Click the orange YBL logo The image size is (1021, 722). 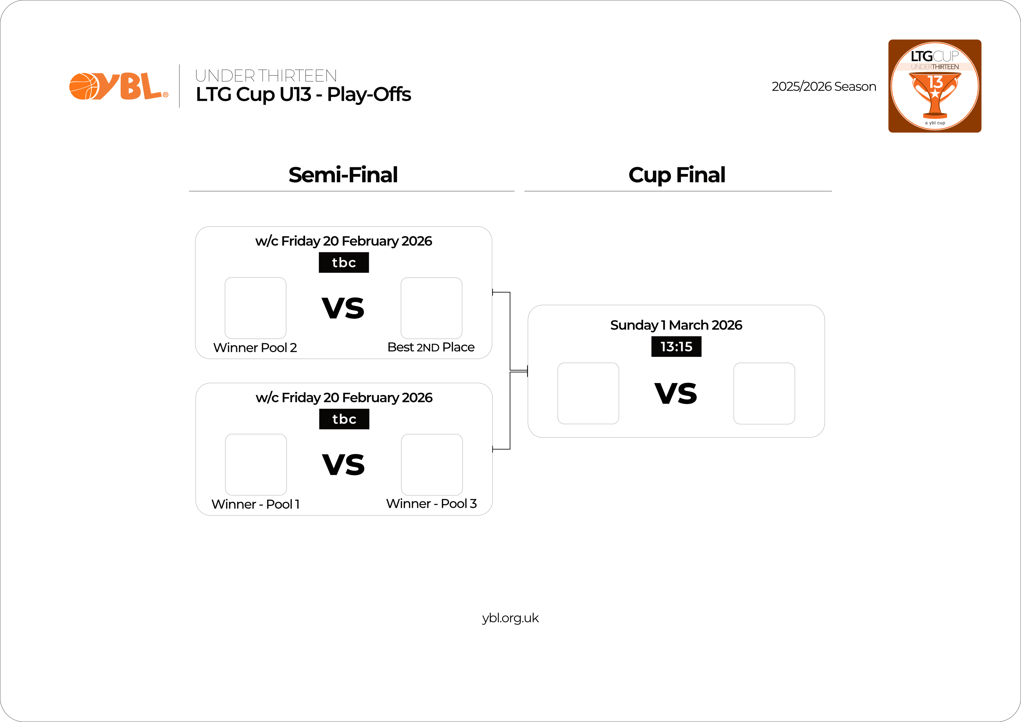pos(119,86)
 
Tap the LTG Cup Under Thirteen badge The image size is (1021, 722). pos(935,86)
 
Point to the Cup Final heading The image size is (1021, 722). pos(677,175)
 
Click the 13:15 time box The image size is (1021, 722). pos(676,346)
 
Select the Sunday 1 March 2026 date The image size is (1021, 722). pos(676,325)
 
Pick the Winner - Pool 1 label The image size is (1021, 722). pos(256,504)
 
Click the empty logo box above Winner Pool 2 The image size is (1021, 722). pos(256,308)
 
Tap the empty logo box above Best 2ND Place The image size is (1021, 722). pos(431,308)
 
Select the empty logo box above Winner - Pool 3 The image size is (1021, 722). pos(432,465)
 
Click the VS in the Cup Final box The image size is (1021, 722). pos(676,394)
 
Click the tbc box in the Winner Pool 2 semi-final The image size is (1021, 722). pos(344,262)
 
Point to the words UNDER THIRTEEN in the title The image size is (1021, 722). pos(266,76)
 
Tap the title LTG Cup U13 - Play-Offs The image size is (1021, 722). pos(303,94)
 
